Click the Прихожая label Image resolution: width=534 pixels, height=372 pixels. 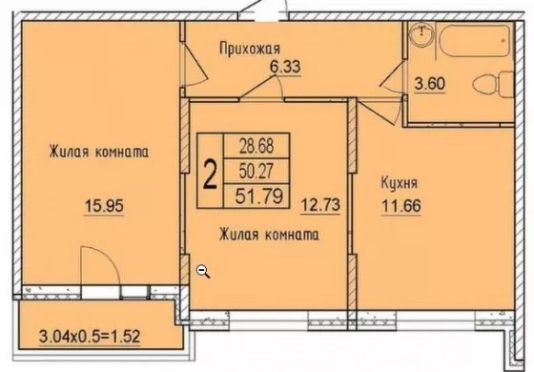(250, 49)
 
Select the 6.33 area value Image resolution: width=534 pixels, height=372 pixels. (285, 67)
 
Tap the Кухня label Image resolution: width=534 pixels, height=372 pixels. (399, 183)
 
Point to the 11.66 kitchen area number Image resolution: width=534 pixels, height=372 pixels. (401, 206)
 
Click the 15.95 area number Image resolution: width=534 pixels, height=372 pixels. (104, 206)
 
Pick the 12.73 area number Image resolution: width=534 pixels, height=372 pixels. (320, 205)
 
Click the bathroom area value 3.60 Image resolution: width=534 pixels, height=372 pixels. (430, 84)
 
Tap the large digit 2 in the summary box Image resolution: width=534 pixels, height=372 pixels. (210, 175)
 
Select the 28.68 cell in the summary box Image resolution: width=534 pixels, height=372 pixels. (257, 146)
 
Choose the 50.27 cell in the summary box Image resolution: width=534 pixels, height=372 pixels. (257, 171)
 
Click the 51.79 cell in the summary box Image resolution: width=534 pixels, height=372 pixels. (257, 196)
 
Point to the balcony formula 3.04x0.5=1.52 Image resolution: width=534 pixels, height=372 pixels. (90, 337)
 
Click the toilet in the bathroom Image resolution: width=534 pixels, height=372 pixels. (493, 85)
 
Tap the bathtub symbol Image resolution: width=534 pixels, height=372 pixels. (474, 40)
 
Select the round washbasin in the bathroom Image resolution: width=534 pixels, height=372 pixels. (421, 33)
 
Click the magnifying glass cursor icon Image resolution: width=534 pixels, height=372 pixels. (203, 271)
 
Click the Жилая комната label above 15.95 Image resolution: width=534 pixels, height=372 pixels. (99, 152)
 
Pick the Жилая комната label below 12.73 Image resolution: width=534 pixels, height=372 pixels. (269, 235)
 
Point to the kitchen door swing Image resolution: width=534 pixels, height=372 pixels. (378, 113)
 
